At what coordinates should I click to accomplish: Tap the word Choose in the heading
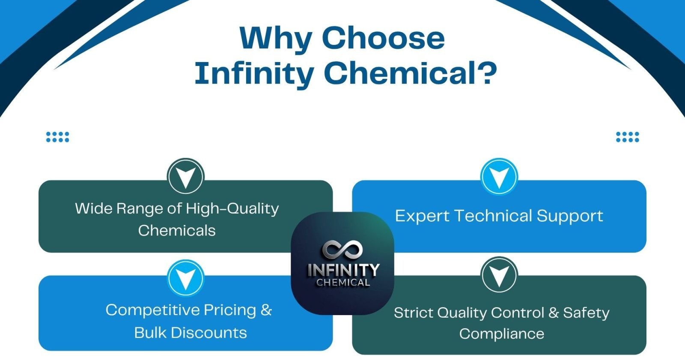[384, 38]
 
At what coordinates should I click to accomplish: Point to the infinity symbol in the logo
[342, 249]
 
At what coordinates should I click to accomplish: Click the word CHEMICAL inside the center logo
[343, 283]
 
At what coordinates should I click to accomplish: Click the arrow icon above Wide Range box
[186, 176]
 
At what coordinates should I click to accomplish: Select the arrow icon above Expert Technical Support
[499, 176]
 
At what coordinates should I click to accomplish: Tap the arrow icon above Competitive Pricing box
[186, 278]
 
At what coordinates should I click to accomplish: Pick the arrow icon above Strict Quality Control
[499, 275]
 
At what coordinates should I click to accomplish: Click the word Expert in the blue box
[422, 216]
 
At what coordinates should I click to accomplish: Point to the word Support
[570, 216]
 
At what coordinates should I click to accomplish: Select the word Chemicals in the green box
[177, 230]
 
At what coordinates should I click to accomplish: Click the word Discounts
[209, 333]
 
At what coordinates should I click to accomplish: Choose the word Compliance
[501, 334]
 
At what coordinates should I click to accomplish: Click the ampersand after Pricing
[266, 310]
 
